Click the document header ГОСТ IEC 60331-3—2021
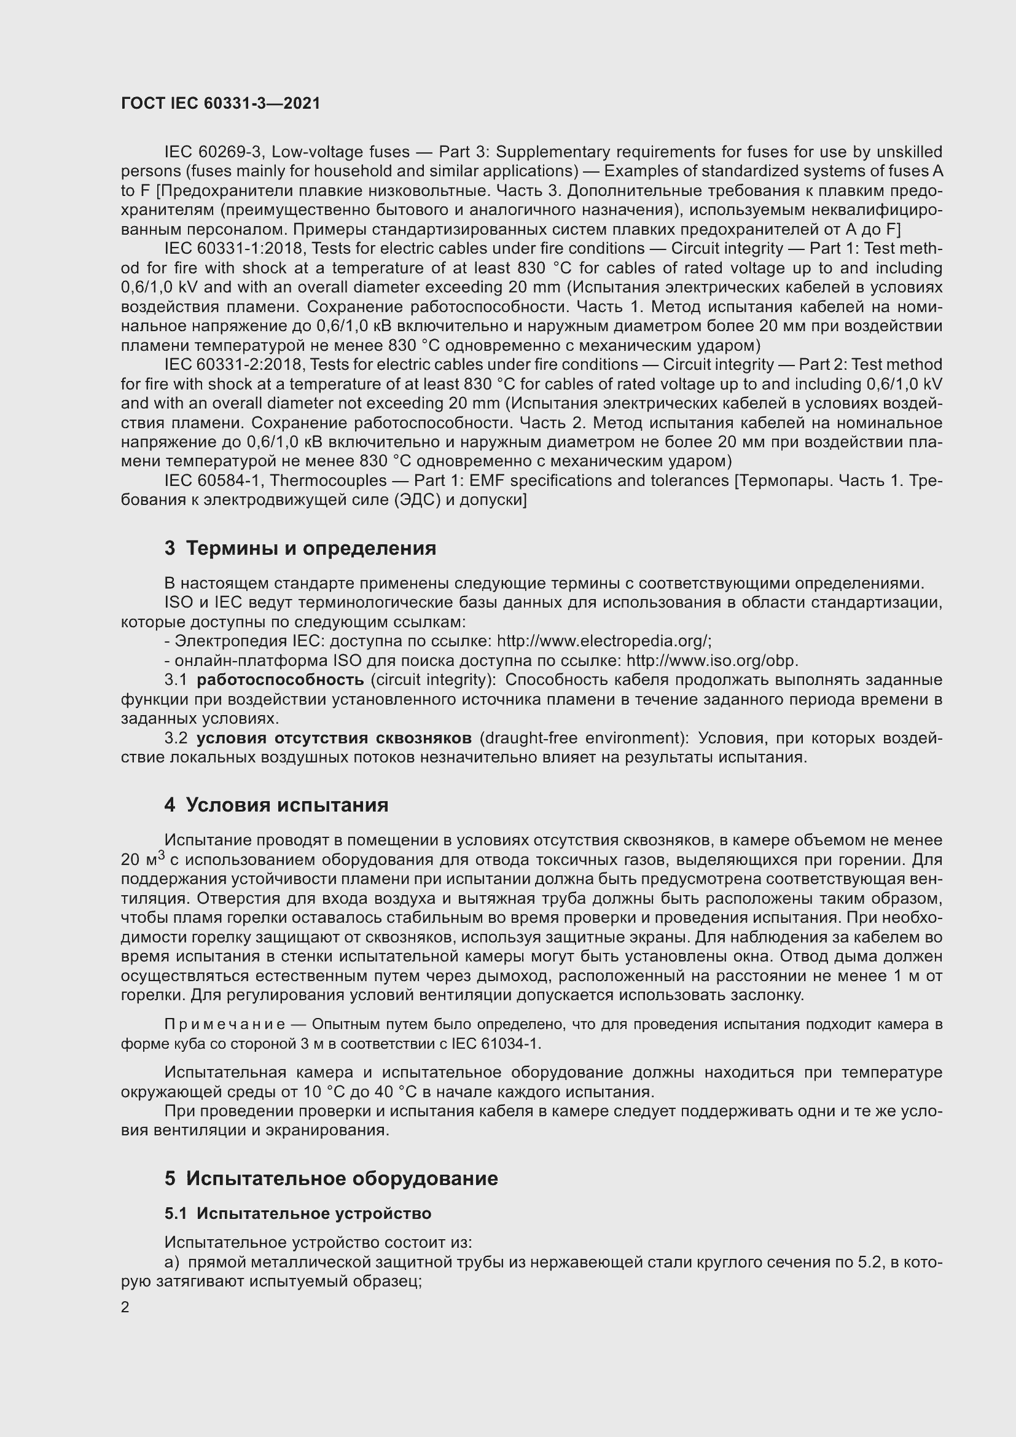click(x=221, y=104)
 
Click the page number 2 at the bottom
click(x=125, y=1307)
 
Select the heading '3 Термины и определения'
click(x=300, y=548)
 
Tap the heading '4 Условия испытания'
click(x=276, y=805)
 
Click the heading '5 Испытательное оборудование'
click(x=331, y=1178)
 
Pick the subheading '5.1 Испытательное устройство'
click(x=298, y=1213)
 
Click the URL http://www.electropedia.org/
click(x=604, y=641)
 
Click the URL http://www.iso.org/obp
click(x=712, y=660)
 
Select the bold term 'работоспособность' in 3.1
click(x=279, y=679)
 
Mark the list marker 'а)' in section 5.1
click(x=171, y=1263)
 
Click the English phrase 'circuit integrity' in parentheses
click(x=432, y=679)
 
